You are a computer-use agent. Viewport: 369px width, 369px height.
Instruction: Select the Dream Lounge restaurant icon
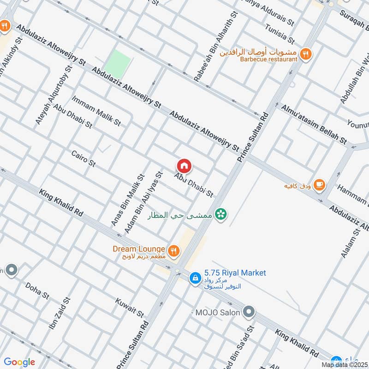pyautogui.click(x=173, y=251)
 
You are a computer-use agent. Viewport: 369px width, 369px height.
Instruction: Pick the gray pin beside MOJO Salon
pyautogui.click(x=249, y=312)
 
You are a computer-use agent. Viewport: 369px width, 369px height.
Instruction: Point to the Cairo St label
pyautogui.click(x=83, y=159)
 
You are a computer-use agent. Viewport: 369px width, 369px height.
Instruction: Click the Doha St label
pyautogui.click(x=37, y=291)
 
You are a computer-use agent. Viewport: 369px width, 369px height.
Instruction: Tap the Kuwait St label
pyautogui.click(x=131, y=305)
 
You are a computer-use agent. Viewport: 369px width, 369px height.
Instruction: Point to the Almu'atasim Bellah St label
pyautogui.click(x=314, y=124)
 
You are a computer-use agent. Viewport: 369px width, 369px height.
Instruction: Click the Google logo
pyautogui.click(x=19, y=362)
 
